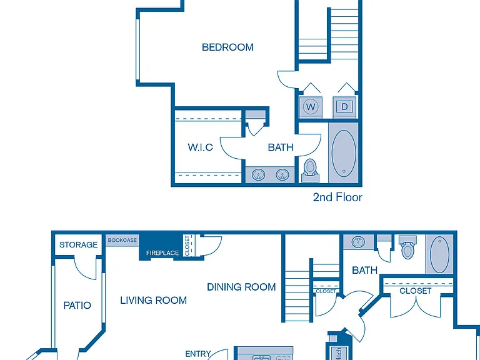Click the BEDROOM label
click(x=227, y=47)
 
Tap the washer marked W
click(x=311, y=107)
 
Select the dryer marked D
click(x=344, y=107)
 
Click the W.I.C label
click(x=200, y=147)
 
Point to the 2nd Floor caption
click(x=337, y=197)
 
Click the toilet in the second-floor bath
click(x=311, y=171)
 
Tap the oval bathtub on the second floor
click(x=344, y=153)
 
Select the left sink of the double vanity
click(x=259, y=175)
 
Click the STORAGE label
click(x=78, y=244)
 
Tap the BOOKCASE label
click(x=122, y=240)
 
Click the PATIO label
click(x=77, y=305)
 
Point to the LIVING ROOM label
click(x=153, y=300)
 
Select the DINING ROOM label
click(x=241, y=287)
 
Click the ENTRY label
click(x=198, y=354)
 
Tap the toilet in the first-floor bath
click(x=407, y=247)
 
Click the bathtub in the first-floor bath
click(x=439, y=254)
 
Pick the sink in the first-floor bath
click(x=358, y=242)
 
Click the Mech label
click(x=339, y=353)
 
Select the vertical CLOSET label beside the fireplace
click(x=187, y=246)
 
